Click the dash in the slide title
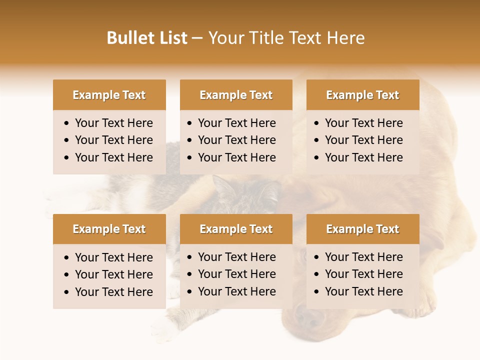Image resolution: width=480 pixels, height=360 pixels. (197, 38)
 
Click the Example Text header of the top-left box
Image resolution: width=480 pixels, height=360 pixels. (109, 95)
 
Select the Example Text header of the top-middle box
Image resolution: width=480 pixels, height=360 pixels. (236, 95)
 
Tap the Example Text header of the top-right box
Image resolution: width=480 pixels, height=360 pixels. (362, 95)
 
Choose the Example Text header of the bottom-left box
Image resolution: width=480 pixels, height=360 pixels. (109, 229)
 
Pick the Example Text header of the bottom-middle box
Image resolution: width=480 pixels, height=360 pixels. (236, 229)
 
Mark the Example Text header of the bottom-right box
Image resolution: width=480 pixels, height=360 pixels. (362, 229)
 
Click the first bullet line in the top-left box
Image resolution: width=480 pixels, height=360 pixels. (113, 123)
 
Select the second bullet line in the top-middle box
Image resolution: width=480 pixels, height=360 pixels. (236, 140)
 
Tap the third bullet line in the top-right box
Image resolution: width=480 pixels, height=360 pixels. (363, 157)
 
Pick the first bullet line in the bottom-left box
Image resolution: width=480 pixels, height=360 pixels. (113, 257)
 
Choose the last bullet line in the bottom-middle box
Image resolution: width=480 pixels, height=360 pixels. (236, 291)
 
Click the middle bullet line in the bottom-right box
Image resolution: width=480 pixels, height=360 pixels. (363, 274)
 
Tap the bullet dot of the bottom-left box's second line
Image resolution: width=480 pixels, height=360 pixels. (67, 275)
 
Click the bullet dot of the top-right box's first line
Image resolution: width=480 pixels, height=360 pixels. (317, 123)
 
